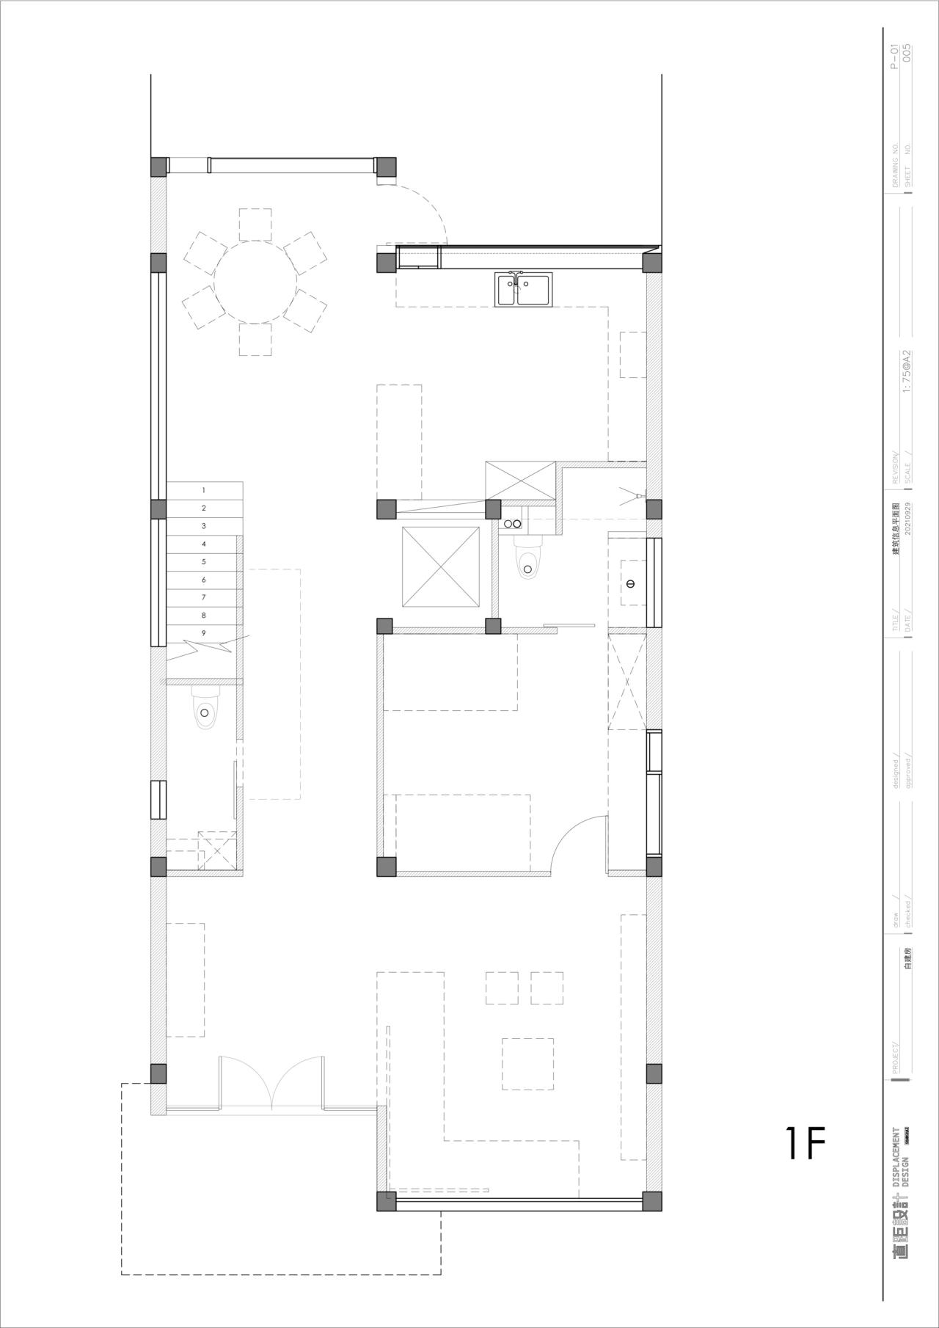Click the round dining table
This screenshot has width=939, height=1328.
click(255, 282)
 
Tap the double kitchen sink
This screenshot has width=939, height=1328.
click(525, 288)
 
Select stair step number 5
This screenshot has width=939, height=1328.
click(204, 562)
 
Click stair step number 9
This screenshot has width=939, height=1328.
click(204, 633)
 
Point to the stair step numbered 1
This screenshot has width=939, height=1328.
click(204, 490)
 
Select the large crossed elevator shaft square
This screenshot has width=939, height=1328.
click(440, 566)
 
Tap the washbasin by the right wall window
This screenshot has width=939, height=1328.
click(630, 583)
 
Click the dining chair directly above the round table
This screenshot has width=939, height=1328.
click(255, 225)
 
